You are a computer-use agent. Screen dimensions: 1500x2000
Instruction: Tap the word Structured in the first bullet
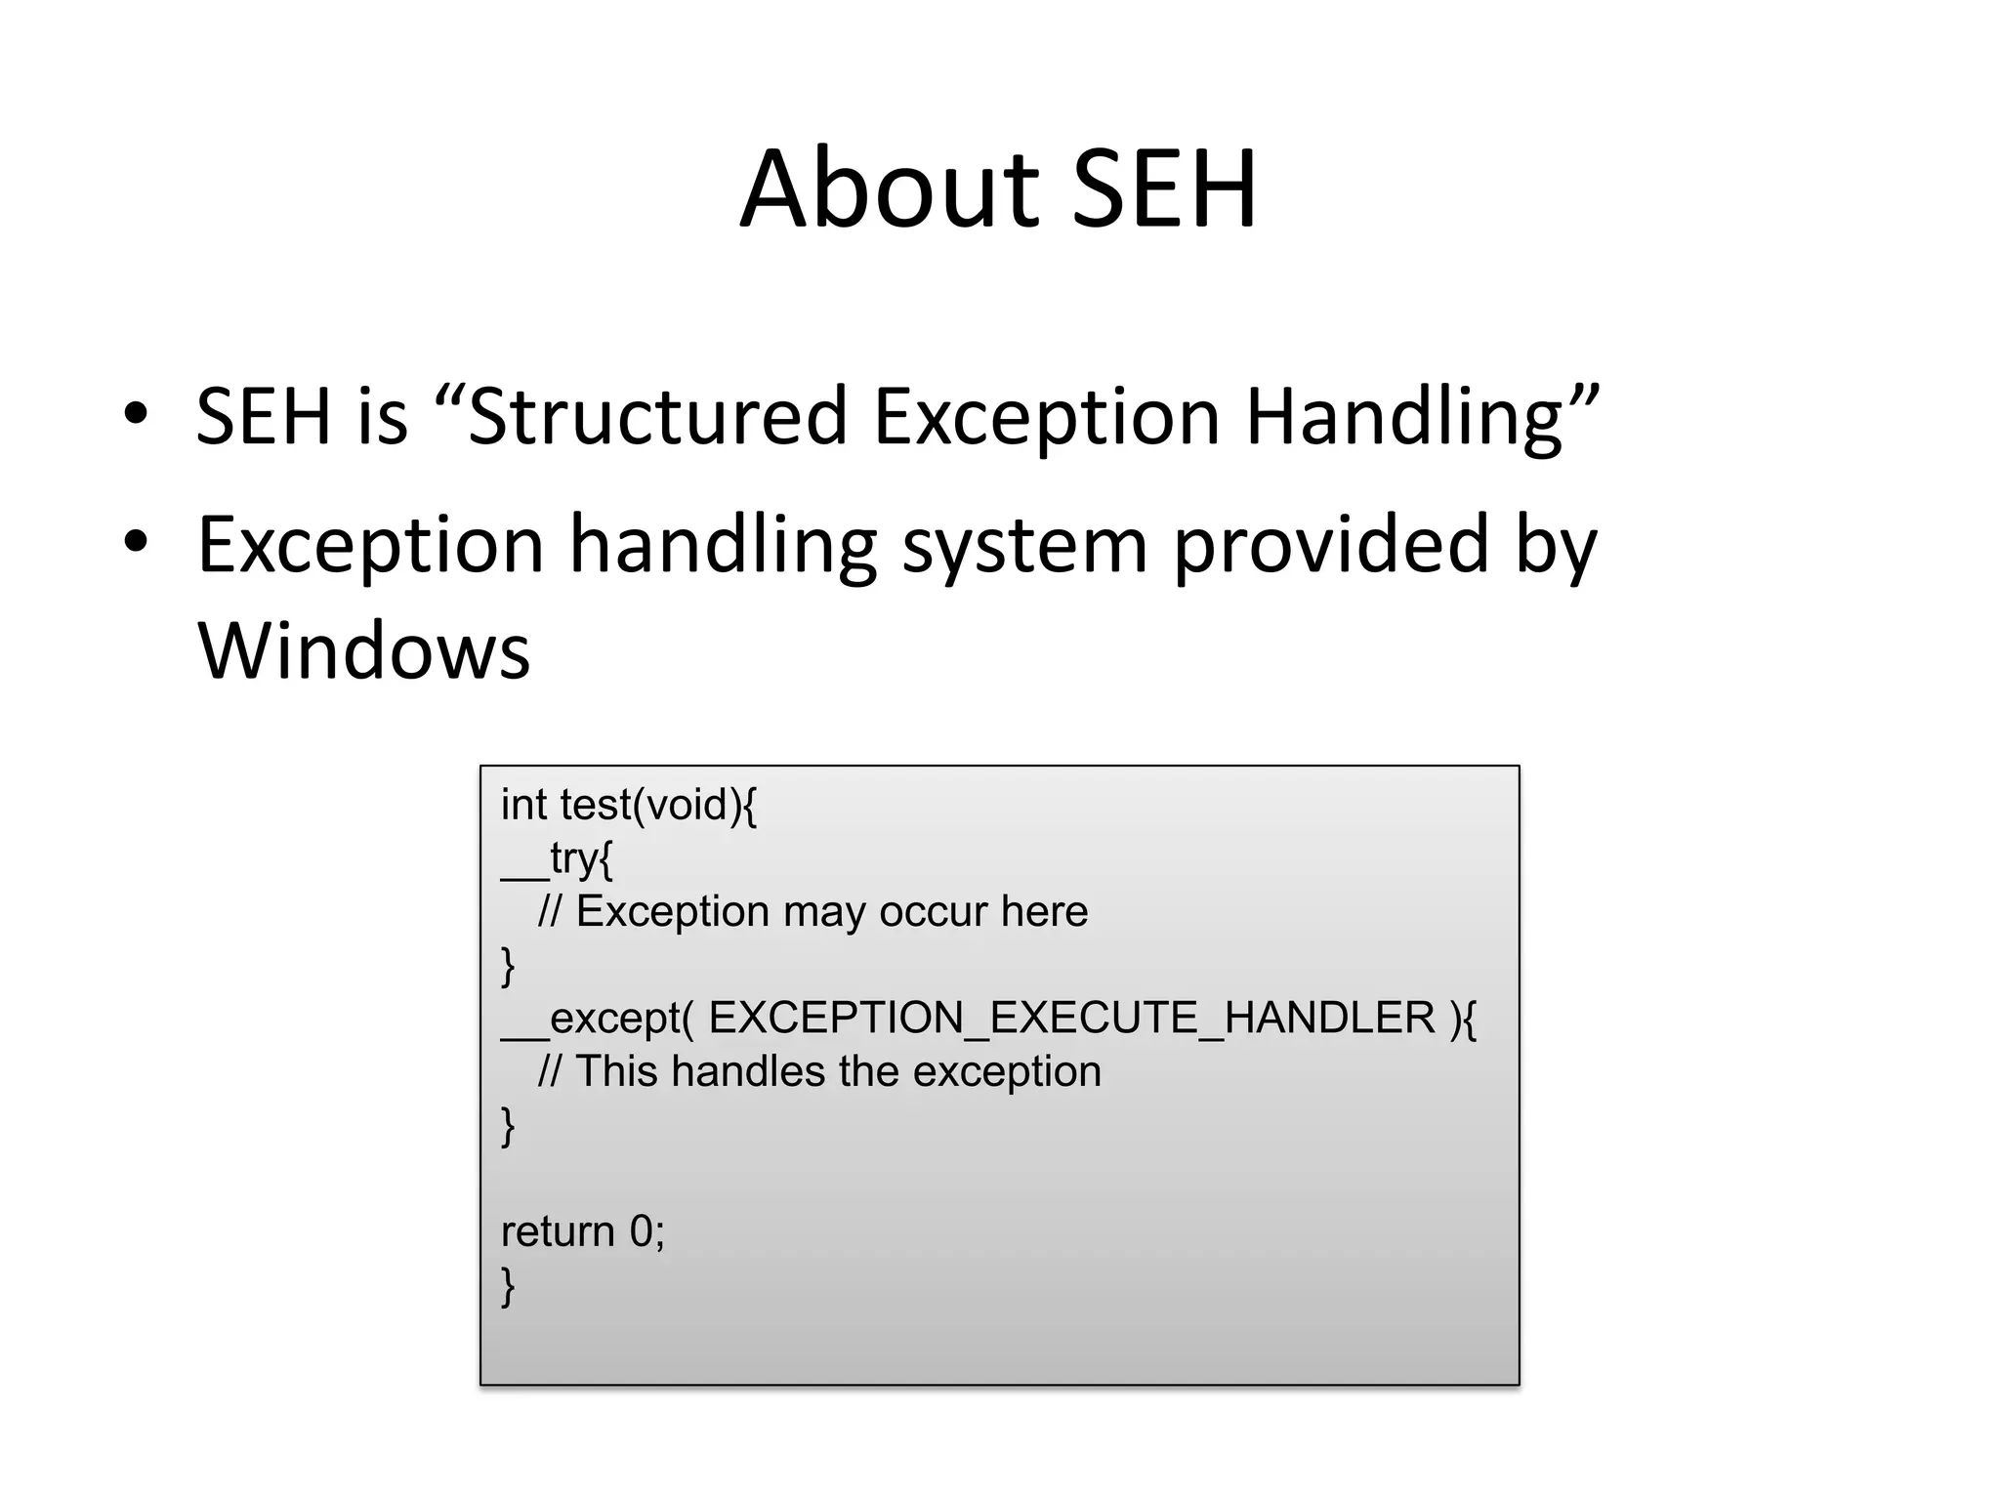click(657, 417)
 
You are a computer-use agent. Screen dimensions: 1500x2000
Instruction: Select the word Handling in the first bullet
click(1404, 417)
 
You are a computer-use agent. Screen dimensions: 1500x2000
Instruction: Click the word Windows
click(363, 651)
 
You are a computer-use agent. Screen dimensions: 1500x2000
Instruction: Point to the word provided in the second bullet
click(1330, 544)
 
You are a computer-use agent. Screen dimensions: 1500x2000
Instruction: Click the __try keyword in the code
click(557, 859)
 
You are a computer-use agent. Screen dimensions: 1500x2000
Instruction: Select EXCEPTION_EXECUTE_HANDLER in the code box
click(1071, 1019)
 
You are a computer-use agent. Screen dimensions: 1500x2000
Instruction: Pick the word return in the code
click(558, 1231)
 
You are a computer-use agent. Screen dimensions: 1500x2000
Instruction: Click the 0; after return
click(647, 1231)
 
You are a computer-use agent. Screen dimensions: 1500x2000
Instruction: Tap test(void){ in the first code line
click(658, 806)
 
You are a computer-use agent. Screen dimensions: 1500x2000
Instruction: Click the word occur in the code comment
click(933, 912)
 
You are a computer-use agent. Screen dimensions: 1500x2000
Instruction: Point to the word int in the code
click(523, 806)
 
